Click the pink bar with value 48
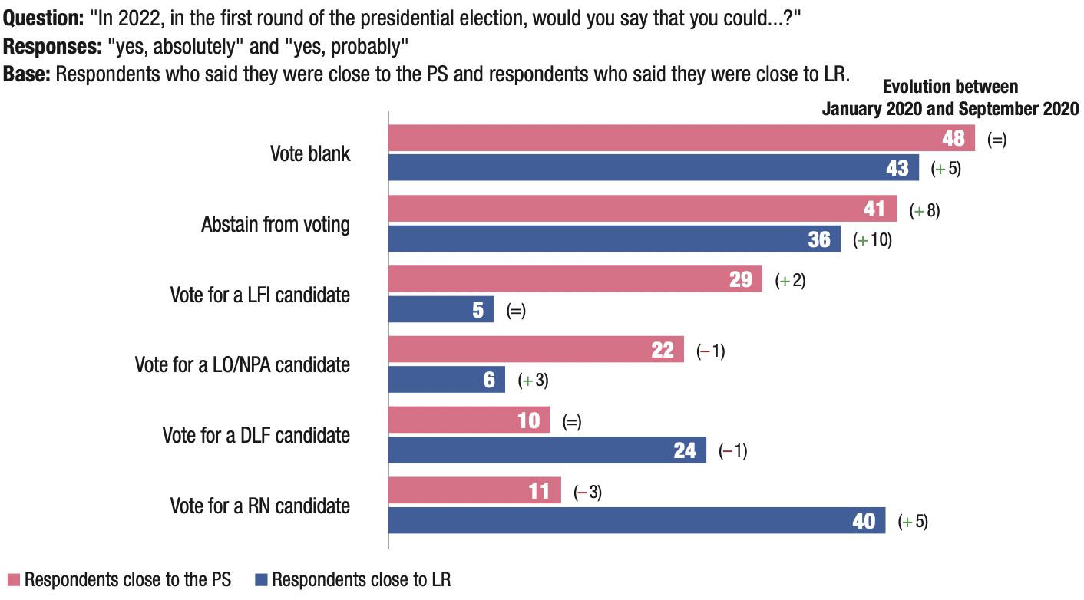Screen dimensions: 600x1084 point(682,139)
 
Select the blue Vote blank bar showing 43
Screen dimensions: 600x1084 point(653,168)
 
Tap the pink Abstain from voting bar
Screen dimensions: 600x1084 point(642,209)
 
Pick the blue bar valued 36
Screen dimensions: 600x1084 point(614,239)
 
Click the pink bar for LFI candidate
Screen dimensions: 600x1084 point(575,279)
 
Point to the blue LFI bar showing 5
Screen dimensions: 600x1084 point(441,309)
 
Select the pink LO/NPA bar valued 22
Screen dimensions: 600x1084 point(536,350)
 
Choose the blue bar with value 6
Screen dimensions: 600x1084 point(447,380)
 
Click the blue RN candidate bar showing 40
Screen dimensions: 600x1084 point(636,521)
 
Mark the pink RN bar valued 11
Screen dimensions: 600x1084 point(474,491)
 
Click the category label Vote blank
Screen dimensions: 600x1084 point(310,153)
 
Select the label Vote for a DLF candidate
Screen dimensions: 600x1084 point(256,436)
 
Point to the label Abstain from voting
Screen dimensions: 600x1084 point(276,225)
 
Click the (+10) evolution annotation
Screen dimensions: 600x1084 point(872,239)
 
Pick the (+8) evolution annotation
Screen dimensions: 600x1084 point(924,210)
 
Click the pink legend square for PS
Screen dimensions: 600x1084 point(13,580)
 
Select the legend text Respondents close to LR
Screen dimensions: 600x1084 point(361,580)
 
